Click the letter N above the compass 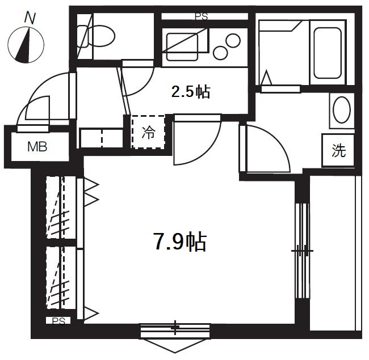pyautogui.click(x=30, y=18)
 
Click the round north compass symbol pyautogui.click(x=26, y=45)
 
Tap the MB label pyautogui.click(x=37, y=147)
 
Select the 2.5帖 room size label pyautogui.click(x=191, y=92)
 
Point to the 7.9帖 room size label pyautogui.click(x=180, y=242)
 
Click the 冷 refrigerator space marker pyautogui.click(x=148, y=132)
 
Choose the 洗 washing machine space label pyautogui.click(x=339, y=150)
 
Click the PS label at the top pyautogui.click(x=202, y=17)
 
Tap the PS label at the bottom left pyautogui.click(x=58, y=321)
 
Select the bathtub pyautogui.click(x=328, y=53)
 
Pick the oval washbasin pyautogui.click(x=342, y=110)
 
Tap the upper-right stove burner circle pyautogui.click(x=233, y=40)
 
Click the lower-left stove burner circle pyautogui.click(x=220, y=52)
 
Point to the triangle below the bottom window pyautogui.click(x=175, y=345)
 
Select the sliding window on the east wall pyautogui.click(x=303, y=251)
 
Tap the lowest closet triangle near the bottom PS pyautogui.click(x=91, y=314)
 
